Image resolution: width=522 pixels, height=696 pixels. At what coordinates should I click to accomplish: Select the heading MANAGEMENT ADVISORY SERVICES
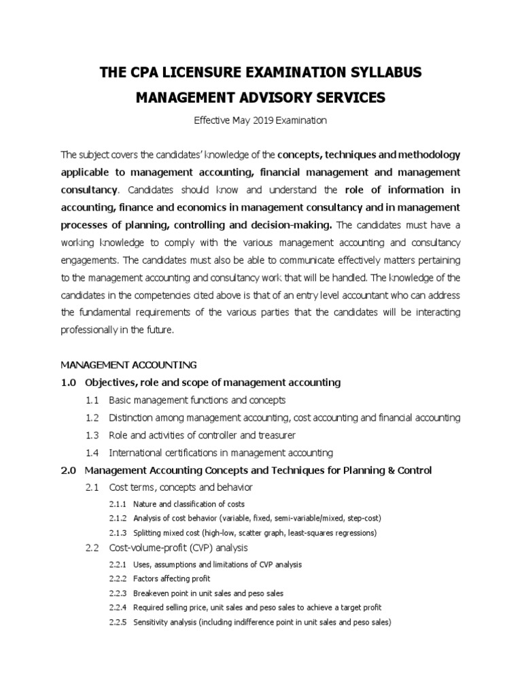click(x=260, y=98)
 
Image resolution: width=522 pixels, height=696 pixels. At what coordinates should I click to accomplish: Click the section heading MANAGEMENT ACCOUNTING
click(x=129, y=365)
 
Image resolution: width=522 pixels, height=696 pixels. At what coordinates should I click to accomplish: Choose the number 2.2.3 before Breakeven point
click(x=118, y=593)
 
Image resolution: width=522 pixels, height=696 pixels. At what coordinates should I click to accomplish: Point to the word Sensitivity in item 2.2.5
click(x=150, y=621)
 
